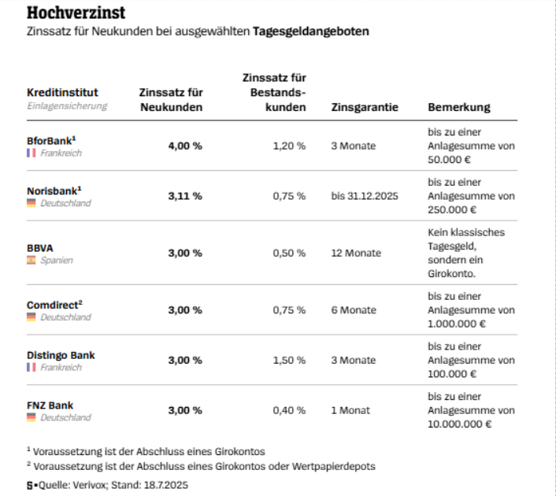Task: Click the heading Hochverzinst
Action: (x=76, y=14)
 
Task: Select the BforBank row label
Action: (x=50, y=140)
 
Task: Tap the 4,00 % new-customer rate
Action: (x=185, y=146)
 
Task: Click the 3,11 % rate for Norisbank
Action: (x=185, y=196)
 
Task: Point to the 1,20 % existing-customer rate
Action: (x=289, y=146)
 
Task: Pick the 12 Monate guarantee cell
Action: (x=356, y=253)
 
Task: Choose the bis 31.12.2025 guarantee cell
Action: (x=365, y=196)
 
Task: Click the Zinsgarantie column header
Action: (x=365, y=107)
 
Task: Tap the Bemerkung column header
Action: (x=458, y=107)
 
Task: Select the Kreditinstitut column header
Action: (x=62, y=92)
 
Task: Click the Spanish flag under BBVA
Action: (x=32, y=260)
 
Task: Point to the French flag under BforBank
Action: (x=32, y=153)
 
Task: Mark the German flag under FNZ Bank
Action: (x=32, y=417)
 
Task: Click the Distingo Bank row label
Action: (x=61, y=355)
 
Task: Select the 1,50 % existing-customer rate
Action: (x=289, y=360)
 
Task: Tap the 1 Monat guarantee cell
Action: (x=350, y=410)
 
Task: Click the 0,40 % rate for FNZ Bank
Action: (x=289, y=410)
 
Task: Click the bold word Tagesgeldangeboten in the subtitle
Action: (x=311, y=32)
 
